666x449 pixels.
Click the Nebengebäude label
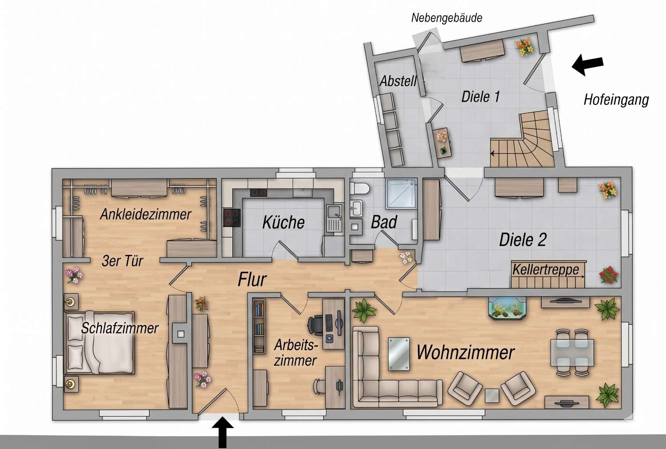pos(447,18)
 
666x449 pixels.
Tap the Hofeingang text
pos(616,100)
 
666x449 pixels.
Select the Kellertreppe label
pos(546,270)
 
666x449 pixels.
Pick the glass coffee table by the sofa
pos(399,354)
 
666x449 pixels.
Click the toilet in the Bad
pos(360,188)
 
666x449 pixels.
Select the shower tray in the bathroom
pos(401,194)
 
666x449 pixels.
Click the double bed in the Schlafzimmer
pos(99,342)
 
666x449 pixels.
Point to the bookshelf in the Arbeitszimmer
pos(259,326)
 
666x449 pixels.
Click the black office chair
pos(316,326)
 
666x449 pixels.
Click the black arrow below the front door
pos(222,433)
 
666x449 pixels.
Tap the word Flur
pos(252,280)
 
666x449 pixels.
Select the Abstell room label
pos(398,81)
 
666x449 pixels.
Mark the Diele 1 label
pos(480,97)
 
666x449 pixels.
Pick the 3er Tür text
pos(122,261)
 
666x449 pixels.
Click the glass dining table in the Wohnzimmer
pos(572,353)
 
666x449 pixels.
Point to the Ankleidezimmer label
pos(145,215)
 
